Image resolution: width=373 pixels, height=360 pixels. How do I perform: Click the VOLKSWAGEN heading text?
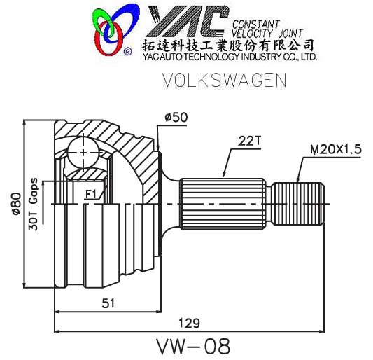click(224, 81)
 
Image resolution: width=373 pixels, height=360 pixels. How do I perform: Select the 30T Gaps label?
click(33, 204)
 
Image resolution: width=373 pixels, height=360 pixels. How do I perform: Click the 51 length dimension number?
click(108, 302)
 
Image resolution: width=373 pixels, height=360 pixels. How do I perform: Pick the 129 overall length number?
click(188, 323)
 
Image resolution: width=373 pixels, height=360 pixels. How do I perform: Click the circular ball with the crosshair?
click(84, 152)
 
